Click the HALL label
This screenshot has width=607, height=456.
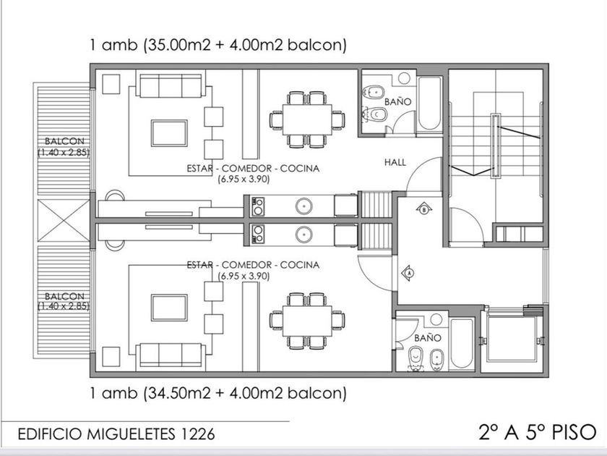tap(395, 162)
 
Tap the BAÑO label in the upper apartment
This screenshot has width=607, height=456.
tap(397, 101)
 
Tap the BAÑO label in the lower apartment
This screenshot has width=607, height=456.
tap(427, 338)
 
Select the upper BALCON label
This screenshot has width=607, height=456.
tap(64, 140)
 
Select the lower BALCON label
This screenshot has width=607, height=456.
tap(64, 296)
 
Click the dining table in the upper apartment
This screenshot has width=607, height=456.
tap(307, 119)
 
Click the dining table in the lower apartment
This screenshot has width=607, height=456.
tap(307, 321)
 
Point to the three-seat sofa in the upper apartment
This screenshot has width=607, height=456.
tap(171, 85)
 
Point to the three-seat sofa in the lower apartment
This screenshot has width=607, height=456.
tap(171, 355)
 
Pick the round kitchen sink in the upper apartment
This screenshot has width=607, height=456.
tap(304, 206)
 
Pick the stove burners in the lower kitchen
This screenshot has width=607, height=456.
tap(258, 235)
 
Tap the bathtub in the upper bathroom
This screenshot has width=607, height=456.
tap(429, 104)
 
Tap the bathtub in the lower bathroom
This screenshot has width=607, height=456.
tap(462, 344)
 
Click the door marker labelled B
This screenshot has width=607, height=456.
tap(424, 209)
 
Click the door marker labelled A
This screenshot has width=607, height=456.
tap(408, 273)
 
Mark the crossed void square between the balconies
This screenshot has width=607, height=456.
tap(64, 220)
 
